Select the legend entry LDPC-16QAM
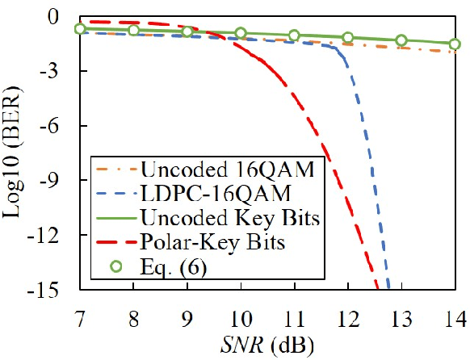(200, 195)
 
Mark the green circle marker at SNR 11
(294, 35)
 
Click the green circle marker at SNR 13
(401, 40)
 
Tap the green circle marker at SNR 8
(133, 30)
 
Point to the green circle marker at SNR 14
(455, 44)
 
